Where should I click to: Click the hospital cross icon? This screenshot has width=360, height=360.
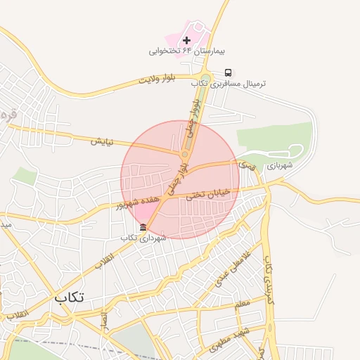(x=186, y=39)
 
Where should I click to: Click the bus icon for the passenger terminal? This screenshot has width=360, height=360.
(x=228, y=72)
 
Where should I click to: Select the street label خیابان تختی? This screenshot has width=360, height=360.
(x=208, y=195)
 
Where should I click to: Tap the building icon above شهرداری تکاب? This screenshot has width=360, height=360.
(x=143, y=227)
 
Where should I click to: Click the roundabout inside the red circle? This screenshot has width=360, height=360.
(x=184, y=154)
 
